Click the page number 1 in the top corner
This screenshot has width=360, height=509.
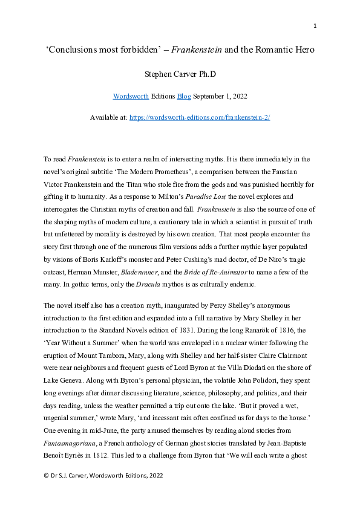pos(315,25)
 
